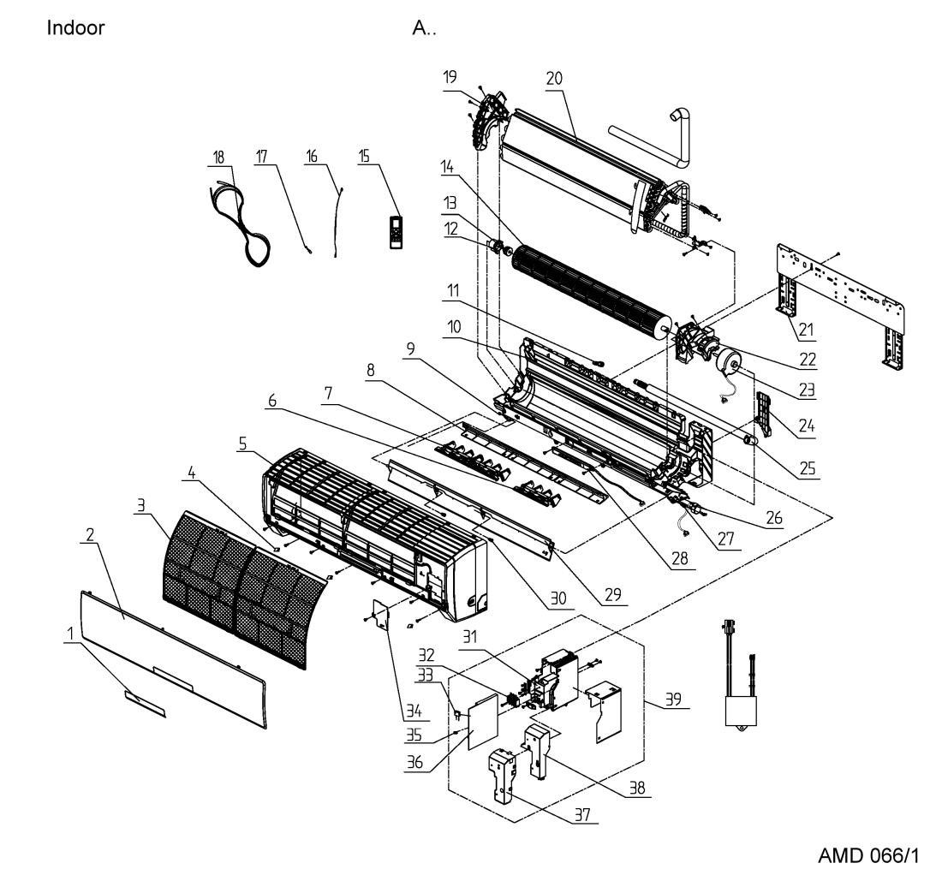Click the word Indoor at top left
75,27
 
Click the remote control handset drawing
396,231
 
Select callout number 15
364,156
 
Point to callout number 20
554,78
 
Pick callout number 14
447,166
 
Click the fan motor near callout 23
726,360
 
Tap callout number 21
806,329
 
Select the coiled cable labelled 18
239,223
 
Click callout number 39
673,699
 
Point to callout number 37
582,814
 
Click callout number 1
70,634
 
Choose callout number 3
140,505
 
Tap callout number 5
242,443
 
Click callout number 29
613,594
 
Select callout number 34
414,711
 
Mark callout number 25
808,467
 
